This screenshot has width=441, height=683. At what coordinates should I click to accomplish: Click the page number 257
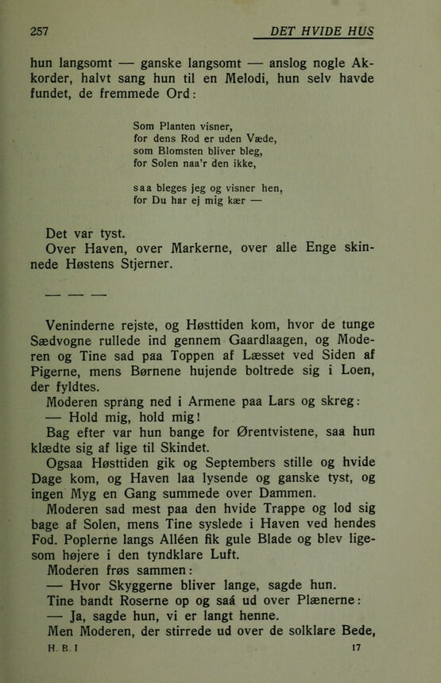[x=39, y=32]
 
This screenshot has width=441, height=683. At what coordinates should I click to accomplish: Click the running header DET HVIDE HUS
[x=322, y=31]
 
